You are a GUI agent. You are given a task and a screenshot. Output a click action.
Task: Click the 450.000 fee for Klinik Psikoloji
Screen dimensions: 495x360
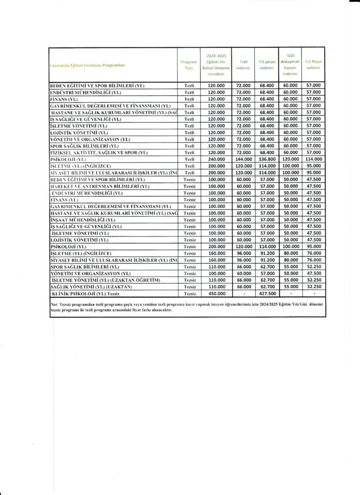point(216,293)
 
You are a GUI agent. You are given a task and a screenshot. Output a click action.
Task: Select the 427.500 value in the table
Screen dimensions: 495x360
point(267,293)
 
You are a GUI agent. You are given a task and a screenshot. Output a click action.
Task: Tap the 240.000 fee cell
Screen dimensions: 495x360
point(216,159)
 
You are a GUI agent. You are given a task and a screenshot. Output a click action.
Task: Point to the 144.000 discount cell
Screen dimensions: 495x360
point(244,159)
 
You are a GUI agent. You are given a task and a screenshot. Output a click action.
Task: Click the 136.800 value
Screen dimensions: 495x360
point(267,159)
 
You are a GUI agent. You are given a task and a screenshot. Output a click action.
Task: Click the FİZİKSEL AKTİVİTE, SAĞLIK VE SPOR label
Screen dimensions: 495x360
point(99,152)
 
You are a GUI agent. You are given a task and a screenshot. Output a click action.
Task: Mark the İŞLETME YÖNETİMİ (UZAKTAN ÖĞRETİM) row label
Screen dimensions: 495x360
point(105,280)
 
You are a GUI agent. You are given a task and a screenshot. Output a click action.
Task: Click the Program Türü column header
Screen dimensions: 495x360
point(189,65)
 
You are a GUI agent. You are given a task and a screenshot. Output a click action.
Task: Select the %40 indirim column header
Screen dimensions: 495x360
point(244,65)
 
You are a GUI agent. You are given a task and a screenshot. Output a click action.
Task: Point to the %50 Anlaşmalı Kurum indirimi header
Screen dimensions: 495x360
point(290,65)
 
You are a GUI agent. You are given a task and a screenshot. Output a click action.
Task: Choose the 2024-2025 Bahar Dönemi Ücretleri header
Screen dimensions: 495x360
point(216,65)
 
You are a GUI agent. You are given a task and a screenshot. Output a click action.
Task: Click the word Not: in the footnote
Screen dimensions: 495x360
point(54,304)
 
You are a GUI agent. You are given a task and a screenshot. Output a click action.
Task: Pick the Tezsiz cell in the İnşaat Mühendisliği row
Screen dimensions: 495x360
point(189,219)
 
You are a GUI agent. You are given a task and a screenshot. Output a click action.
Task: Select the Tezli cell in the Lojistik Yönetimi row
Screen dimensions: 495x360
point(189,132)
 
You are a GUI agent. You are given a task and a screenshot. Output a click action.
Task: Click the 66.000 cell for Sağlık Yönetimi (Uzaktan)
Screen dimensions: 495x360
point(244,287)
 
